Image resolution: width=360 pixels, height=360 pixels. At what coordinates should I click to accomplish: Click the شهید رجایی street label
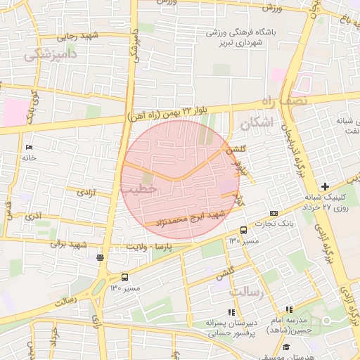[x=79, y=35]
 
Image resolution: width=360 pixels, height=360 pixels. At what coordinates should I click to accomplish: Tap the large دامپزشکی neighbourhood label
[x=51, y=56]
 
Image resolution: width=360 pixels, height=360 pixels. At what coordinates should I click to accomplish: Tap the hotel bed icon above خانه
[x=29, y=147]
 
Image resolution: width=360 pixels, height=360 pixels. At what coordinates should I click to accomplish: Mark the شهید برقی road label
[x=86, y=244]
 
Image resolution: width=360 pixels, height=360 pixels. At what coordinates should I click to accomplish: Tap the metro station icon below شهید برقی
[x=101, y=257]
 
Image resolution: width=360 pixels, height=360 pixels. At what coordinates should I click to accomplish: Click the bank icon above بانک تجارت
[x=274, y=213]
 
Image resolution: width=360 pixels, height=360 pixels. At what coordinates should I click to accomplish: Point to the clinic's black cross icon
[x=324, y=186]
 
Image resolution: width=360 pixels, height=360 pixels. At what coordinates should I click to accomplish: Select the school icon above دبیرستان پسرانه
[x=231, y=311]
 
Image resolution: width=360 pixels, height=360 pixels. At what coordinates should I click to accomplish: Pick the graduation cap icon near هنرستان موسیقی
[x=285, y=347]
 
